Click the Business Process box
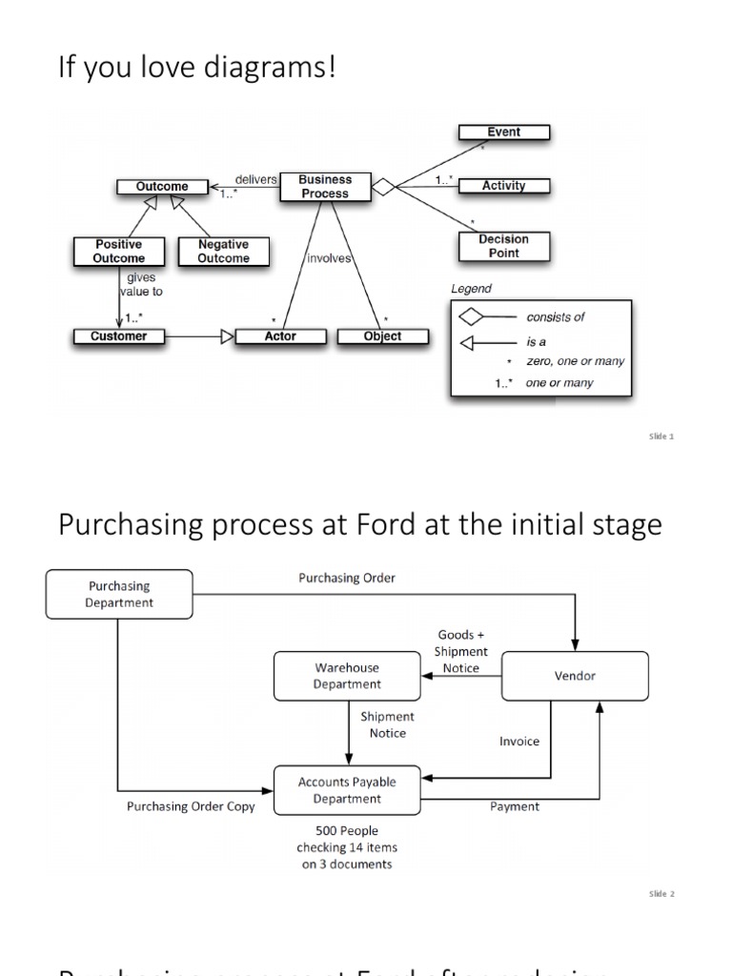324,187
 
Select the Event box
503,132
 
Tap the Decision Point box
503,246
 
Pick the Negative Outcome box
223,252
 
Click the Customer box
118,336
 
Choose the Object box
382,336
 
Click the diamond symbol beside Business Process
382,187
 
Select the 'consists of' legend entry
556,317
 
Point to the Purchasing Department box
119,594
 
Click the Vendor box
575,676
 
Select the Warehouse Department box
347,676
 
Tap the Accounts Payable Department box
347,790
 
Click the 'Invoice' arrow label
519,741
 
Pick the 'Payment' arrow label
515,806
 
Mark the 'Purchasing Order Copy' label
191,806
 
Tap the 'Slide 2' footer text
661,894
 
